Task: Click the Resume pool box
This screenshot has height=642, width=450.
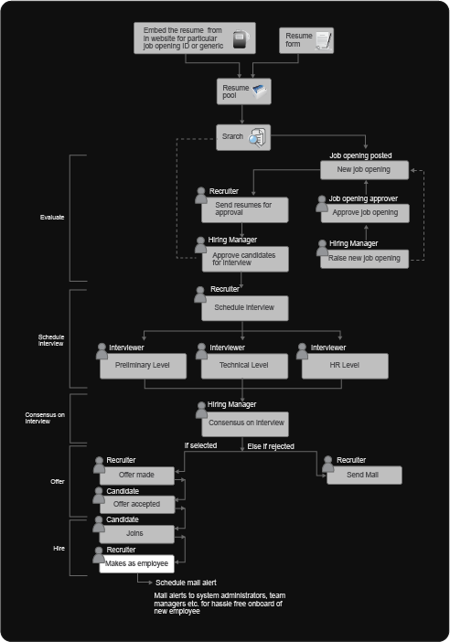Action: click(243, 91)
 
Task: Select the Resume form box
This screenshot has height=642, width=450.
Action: click(306, 40)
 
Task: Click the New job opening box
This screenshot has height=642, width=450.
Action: click(364, 170)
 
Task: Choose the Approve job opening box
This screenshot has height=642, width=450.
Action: click(365, 213)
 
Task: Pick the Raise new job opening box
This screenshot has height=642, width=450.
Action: click(364, 259)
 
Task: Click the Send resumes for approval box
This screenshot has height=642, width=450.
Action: click(244, 209)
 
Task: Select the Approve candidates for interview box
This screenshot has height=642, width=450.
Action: click(245, 259)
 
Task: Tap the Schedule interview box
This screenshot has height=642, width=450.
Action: click(244, 308)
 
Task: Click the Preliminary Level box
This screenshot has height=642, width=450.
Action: click(143, 366)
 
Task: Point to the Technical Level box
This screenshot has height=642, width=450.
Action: click(244, 366)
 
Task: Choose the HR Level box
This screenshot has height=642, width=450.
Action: click(345, 366)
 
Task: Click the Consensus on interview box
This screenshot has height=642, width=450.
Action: click(245, 423)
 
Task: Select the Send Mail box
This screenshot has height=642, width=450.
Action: click(364, 475)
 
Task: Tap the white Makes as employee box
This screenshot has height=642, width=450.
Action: click(137, 563)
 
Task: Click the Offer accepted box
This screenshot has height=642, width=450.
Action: click(137, 505)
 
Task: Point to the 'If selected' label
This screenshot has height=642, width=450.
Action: click(200, 445)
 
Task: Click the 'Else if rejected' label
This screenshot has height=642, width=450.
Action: click(271, 446)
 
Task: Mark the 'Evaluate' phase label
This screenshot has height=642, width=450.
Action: click(52, 218)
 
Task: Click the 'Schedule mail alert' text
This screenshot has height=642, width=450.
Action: click(186, 583)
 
